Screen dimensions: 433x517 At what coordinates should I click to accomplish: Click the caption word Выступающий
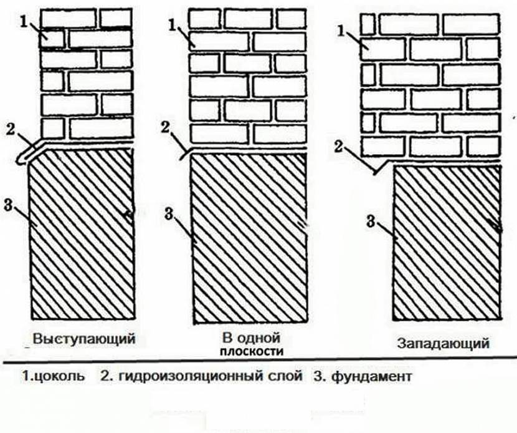[x=85, y=339]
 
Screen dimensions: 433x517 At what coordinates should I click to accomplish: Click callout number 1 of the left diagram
[x=24, y=21]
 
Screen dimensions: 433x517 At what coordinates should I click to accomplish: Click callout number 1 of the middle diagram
[x=172, y=25]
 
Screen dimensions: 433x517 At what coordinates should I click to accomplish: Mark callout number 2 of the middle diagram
[x=164, y=129]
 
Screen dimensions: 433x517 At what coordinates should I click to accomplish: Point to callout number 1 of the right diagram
[x=340, y=29]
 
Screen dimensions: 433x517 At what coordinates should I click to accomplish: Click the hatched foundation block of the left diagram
[x=81, y=237]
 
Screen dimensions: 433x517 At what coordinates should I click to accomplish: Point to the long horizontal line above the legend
[x=258, y=362]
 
